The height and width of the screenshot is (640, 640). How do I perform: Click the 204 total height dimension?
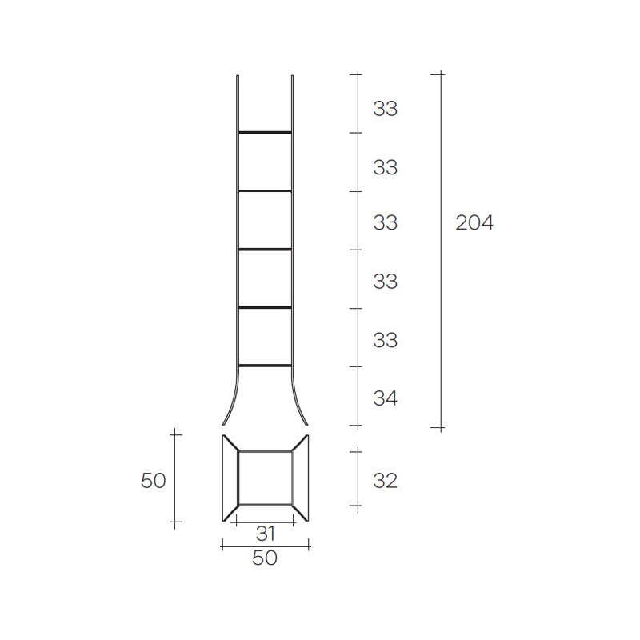474,222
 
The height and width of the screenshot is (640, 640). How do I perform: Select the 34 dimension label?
386,398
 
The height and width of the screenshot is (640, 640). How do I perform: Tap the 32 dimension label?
386,481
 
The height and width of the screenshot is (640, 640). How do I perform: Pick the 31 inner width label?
266,534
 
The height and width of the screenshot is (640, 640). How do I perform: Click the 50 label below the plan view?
265,558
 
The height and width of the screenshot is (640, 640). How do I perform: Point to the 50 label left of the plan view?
153,481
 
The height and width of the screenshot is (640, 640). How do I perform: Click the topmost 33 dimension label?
386,109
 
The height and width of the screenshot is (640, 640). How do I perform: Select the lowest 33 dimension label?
386,340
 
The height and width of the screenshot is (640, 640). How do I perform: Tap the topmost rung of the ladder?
265,133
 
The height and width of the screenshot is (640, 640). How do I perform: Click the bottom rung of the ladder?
265,366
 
